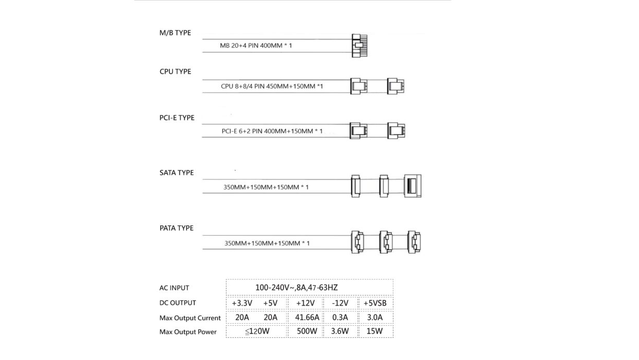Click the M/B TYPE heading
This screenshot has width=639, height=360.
pyautogui.click(x=175, y=33)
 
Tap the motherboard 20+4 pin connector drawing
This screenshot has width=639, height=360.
pyautogui.click(x=359, y=46)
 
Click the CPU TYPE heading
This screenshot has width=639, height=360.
pyautogui.click(x=175, y=71)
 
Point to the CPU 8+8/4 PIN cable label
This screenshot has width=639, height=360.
pyautogui.click(x=272, y=85)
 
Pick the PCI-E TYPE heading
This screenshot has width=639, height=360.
pyautogui.click(x=177, y=118)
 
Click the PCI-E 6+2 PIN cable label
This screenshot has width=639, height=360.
pyautogui.click(x=272, y=131)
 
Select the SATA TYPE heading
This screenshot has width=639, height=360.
pyautogui.click(x=176, y=172)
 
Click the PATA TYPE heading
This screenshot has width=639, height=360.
pyautogui.click(x=176, y=228)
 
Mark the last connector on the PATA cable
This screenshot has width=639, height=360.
pyautogui.click(x=415, y=241)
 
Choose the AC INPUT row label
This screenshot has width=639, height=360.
pyautogui.click(x=174, y=288)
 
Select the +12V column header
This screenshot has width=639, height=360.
pyautogui.click(x=306, y=303)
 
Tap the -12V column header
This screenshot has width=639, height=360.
pyautogui.click(x=339, y=303)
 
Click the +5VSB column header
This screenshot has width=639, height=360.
pyautogui.click(x=375, y=303)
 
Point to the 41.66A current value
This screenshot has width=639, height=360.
pyautogui.click(x=306, y=318)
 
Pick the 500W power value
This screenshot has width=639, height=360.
pyautogui.click(x=306, y=332)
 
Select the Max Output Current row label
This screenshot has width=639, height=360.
pyautogui.click(x=190, y=318)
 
